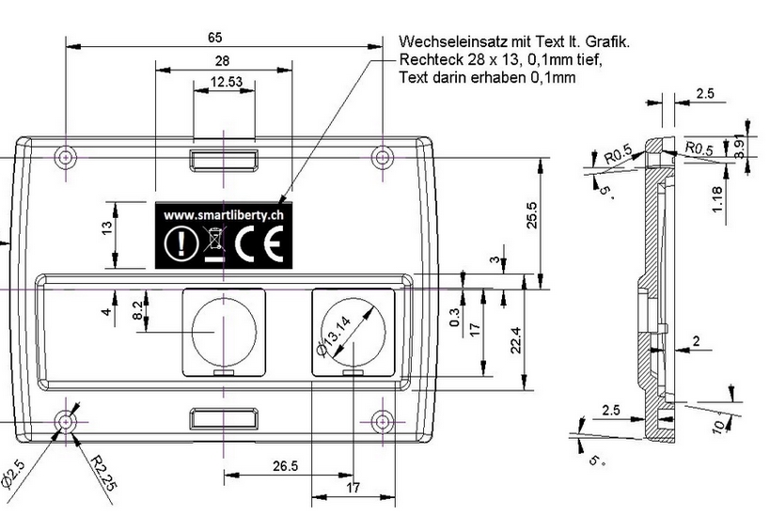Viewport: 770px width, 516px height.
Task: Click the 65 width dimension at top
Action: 215,37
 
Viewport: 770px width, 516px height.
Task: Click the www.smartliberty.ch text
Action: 224,215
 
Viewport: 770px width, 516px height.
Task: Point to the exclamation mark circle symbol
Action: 176,244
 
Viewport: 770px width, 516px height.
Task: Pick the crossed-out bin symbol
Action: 214,243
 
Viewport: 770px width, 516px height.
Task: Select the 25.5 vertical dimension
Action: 533,215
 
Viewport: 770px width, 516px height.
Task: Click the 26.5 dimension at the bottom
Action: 285,466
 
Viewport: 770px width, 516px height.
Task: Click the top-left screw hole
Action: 66,156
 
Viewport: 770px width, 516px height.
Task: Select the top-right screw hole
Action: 382,156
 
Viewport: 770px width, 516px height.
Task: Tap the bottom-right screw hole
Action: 382,422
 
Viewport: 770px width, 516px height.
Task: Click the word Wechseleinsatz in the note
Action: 445,42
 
